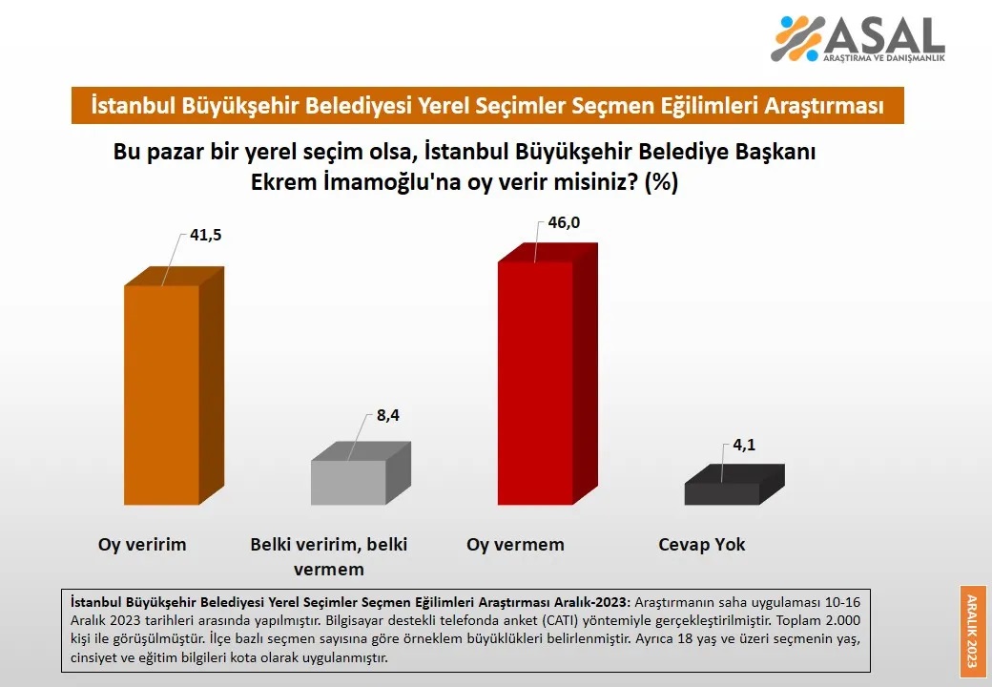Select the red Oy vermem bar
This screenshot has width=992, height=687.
click(548, 374)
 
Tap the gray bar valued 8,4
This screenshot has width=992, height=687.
click(361, 473)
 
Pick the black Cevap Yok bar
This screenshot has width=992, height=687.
click(734, 485)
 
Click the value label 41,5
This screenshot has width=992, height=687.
click(206, 236)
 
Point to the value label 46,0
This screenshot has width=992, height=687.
click(564, 222)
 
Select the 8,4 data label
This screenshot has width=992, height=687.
click(388, 416)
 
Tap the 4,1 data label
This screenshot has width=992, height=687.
click(744, 446)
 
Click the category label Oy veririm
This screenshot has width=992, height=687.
click(142, 545)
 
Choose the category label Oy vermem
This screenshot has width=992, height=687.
click(516, 545)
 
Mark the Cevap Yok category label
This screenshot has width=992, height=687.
click(702, 545)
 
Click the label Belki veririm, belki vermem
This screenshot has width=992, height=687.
click(329, 556)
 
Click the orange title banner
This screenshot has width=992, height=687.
click(487, 105)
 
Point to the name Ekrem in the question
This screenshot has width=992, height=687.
click(284, 182)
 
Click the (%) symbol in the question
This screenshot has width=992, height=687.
click(661, 182)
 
